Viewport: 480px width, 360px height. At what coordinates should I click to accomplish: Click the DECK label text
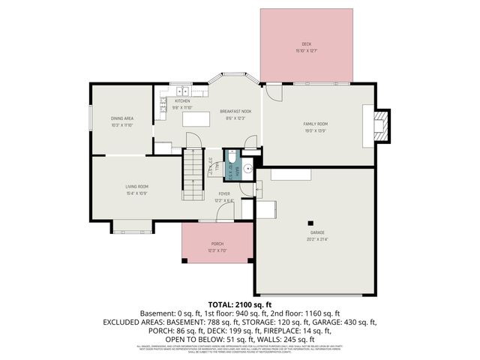point(306,44)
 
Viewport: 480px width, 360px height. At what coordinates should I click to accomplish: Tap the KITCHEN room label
point(182,100)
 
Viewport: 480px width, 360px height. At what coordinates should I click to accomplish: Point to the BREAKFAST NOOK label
point(235,111)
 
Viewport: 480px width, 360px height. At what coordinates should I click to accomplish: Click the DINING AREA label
point(122,118)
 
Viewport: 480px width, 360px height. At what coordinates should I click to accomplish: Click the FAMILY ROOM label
point(316,124)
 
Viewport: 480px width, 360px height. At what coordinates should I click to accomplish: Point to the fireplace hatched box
point(383,126)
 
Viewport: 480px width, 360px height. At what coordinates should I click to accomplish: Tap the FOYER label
point(224,193)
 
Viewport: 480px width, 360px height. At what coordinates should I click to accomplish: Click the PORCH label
point(217,244)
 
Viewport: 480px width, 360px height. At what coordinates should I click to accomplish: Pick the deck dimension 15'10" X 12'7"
point(306,51)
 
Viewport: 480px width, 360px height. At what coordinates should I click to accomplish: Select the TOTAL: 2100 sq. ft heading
point(239,304)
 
